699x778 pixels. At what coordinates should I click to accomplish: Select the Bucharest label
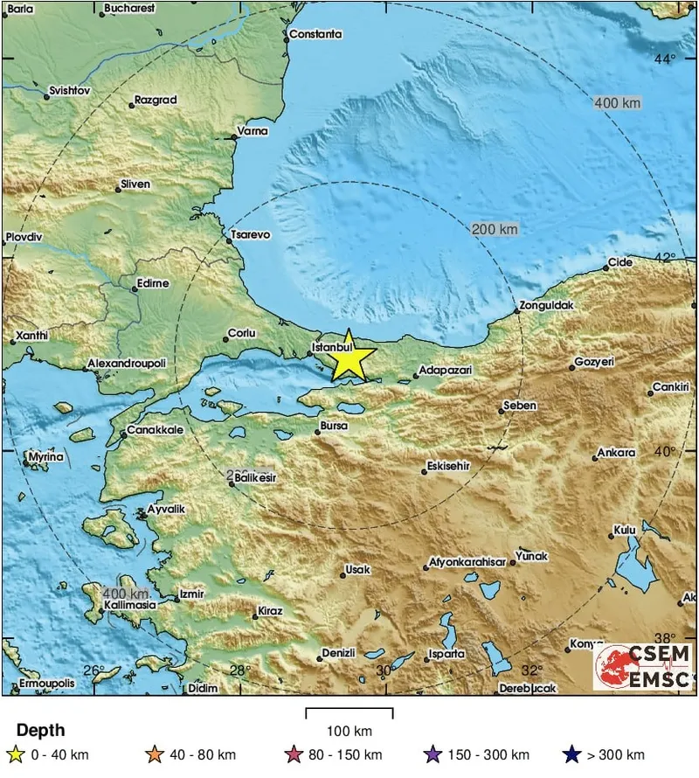[128, 8]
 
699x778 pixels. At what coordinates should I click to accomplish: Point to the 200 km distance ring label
[495, 229]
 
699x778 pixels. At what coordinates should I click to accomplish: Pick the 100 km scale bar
[349, 713]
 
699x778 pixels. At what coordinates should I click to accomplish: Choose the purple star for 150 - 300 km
[454, 754]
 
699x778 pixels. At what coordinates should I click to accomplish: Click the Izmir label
[190, 594]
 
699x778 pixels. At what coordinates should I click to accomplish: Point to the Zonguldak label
[546, 306]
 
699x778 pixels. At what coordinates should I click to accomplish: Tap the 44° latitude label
[666, 59]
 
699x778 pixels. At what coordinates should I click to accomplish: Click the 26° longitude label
[93, 670]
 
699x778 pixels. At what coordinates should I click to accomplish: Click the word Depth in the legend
[40, 731]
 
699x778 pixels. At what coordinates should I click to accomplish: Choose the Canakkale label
[156, 430]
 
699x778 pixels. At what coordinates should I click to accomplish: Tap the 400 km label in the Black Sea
[617, 103]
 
